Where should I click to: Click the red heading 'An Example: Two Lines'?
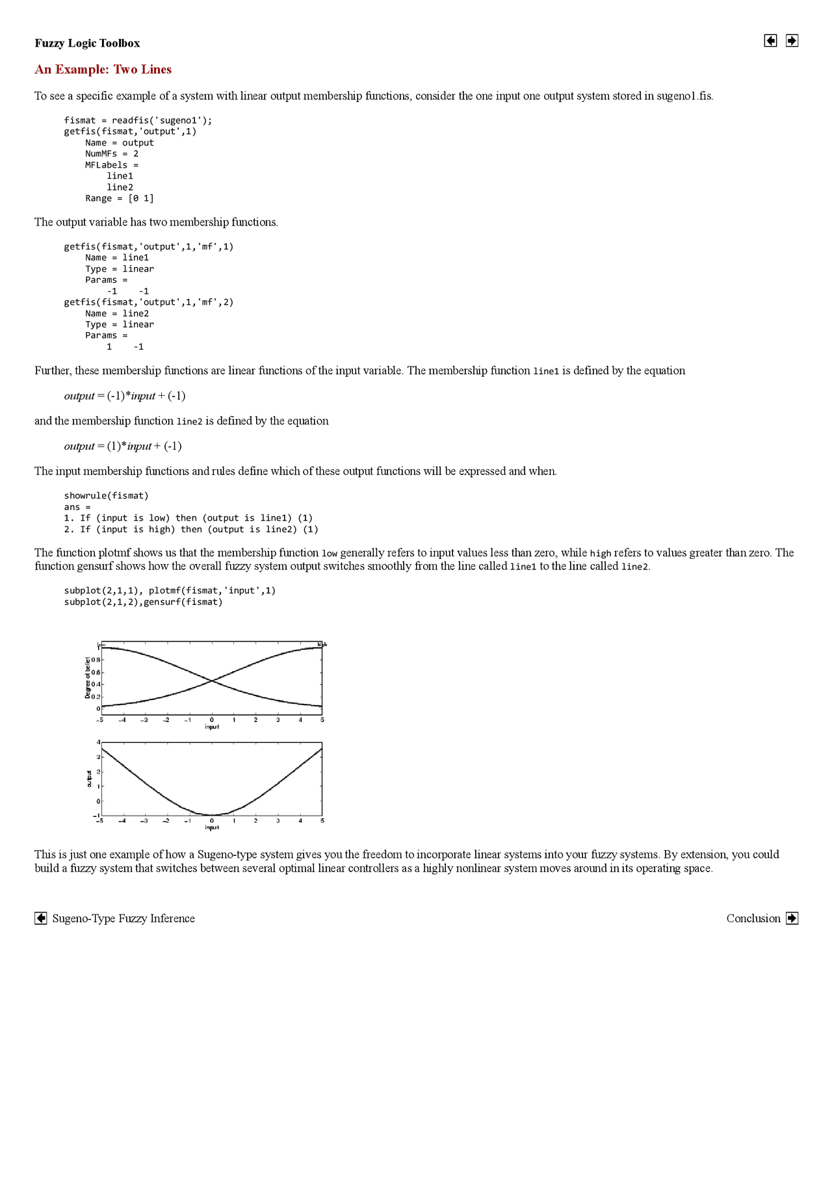point(103,70)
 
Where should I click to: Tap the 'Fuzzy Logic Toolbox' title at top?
point(87,44)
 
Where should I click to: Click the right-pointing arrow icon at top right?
point(792,41)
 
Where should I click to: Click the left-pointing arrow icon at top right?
point(770,41)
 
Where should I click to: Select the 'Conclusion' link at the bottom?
point(753,918)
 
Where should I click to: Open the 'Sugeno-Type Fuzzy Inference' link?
point(123,918)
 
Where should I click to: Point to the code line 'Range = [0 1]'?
point(120,198)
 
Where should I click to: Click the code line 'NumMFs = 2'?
point(112,154)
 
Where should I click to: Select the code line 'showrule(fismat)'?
point(106,496)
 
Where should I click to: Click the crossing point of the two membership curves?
point(212,680)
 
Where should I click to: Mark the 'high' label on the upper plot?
point(322,645)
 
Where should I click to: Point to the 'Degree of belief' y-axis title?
point(87,678)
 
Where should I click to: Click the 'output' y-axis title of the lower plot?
point(88,779)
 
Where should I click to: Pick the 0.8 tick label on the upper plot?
point(96,660)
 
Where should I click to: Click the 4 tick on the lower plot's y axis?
point(98,742)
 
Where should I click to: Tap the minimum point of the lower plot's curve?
point(212,815)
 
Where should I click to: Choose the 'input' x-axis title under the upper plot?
point(212,727)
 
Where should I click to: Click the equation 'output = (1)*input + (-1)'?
point(123,446)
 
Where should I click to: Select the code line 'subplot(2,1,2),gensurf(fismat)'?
point(143,602)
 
